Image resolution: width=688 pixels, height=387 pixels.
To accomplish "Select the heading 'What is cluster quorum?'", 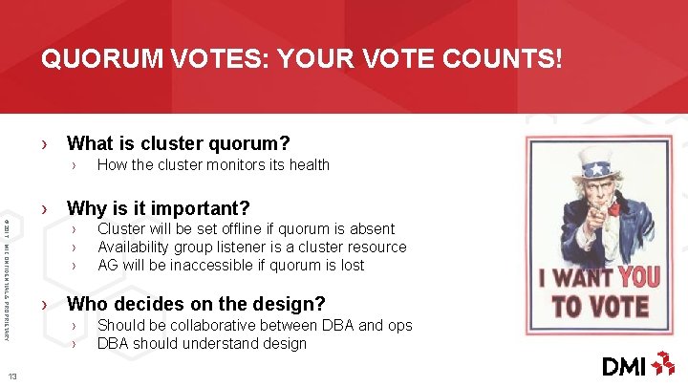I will point(178,143).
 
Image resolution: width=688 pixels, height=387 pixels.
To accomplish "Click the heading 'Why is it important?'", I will point(158,208).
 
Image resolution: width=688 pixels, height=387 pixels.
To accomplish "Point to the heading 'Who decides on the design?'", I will point(196,304).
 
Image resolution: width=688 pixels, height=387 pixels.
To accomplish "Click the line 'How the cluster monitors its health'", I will point(213,165).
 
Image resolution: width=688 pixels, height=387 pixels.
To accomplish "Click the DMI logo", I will point(637,364).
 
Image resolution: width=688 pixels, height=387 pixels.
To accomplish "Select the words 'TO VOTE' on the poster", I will point(600,308).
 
